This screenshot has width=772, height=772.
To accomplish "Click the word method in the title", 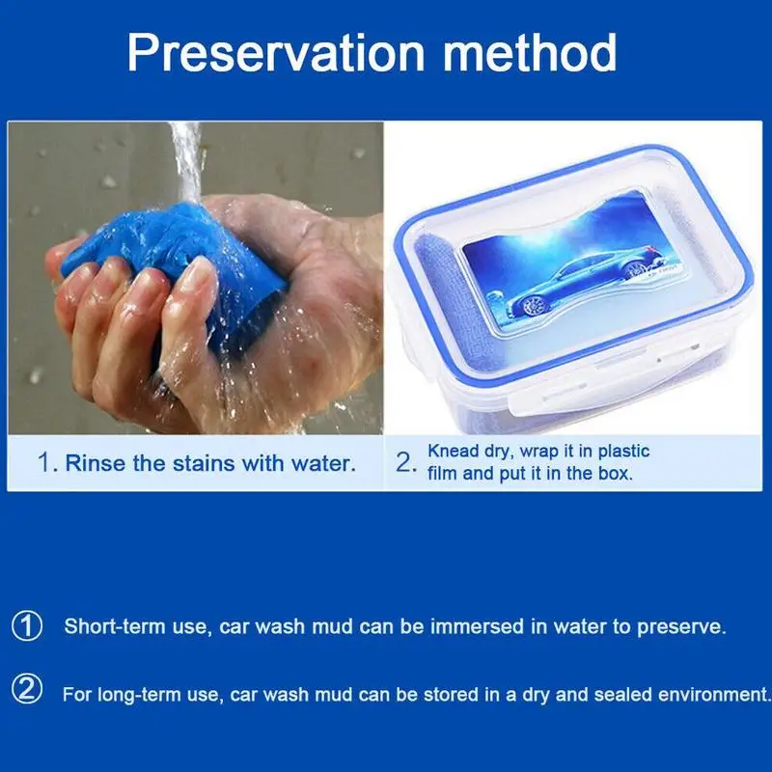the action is coord(530,52).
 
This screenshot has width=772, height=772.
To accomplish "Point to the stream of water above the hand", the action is coord(187,161).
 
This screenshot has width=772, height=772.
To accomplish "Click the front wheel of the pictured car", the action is coord(531,306).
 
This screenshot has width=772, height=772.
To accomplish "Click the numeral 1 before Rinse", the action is coord(44,463).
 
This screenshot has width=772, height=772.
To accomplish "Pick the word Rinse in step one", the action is coord(95,463).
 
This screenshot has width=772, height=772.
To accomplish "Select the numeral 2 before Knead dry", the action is coord(403,463).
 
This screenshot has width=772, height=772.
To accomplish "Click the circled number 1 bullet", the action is coord(27,626).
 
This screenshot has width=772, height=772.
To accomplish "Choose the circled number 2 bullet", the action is coord(27,689).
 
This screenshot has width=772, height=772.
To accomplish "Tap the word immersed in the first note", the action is coord(478,626).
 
